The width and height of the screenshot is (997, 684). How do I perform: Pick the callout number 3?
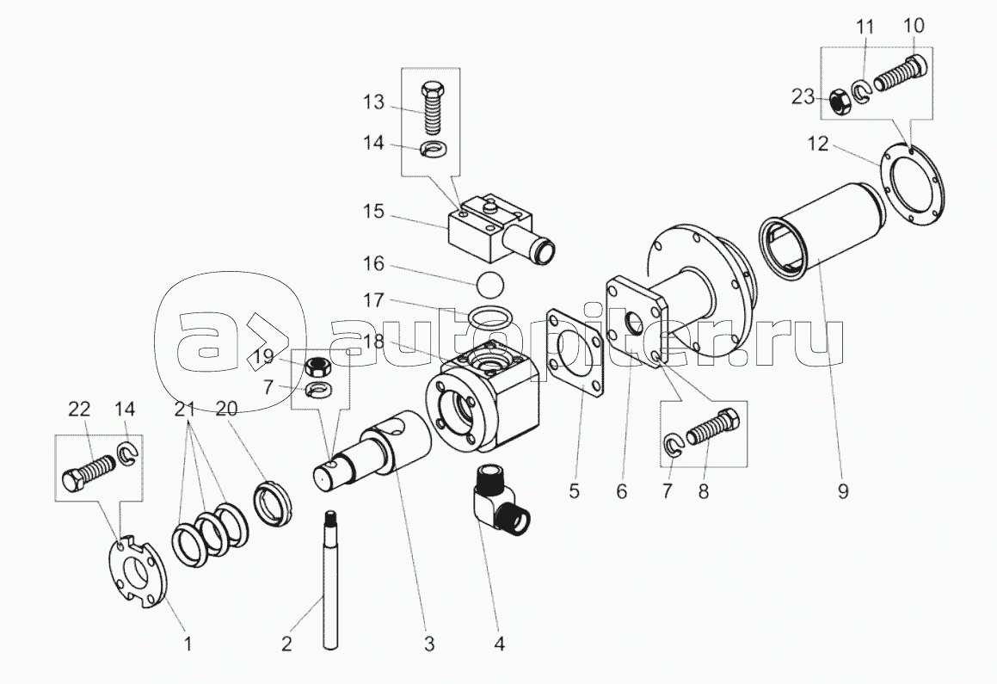point(428,642)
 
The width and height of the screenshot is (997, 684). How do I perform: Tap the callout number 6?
point(622,491)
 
